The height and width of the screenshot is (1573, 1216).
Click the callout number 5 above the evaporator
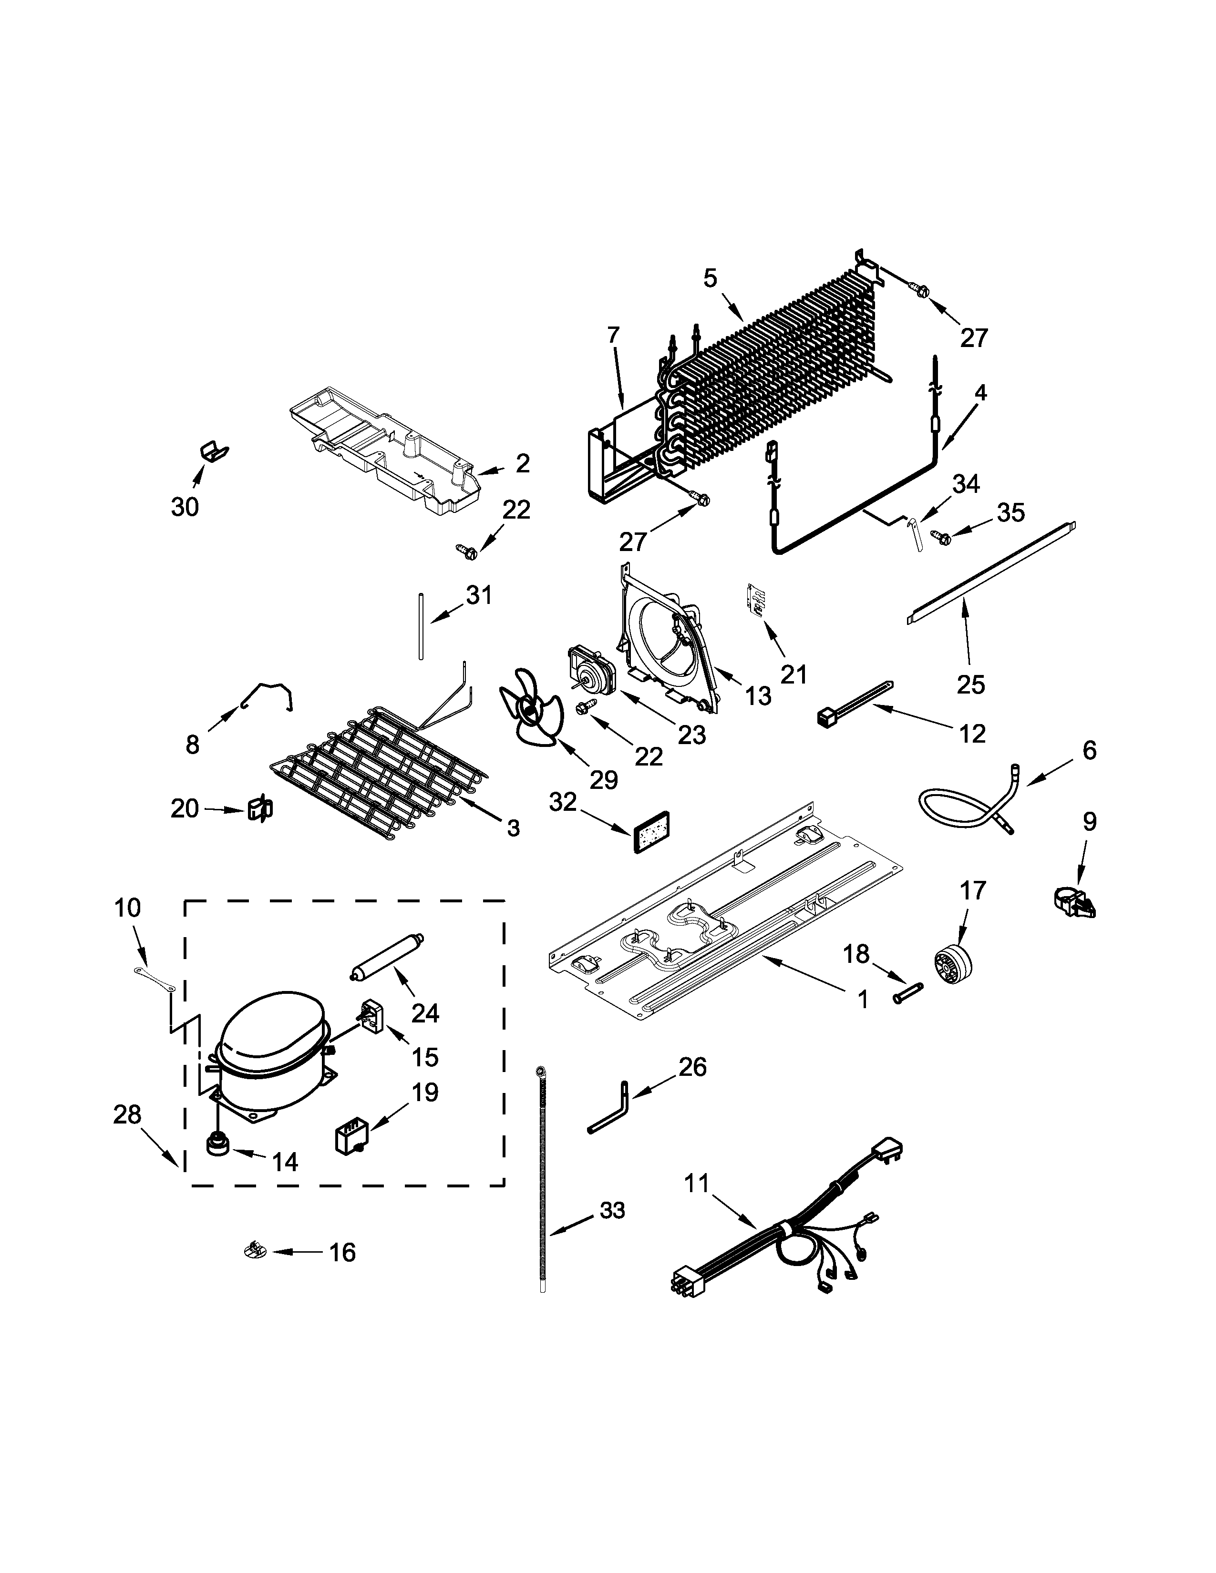click(711, 278)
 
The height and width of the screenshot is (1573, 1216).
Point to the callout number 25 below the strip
click(970, 684)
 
